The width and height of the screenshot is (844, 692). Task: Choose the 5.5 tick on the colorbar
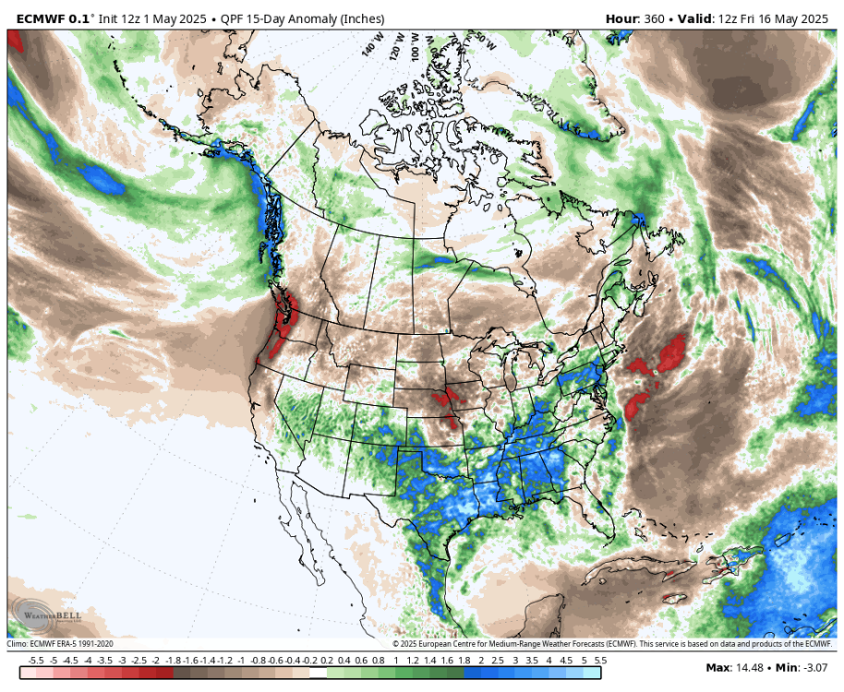pyautogui.click(x=601, y=662)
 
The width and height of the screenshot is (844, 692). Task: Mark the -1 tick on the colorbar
pyautogui.click(x=241, y=662)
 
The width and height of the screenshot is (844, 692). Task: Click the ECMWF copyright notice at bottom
pyautogui.click(x=612, y=644)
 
